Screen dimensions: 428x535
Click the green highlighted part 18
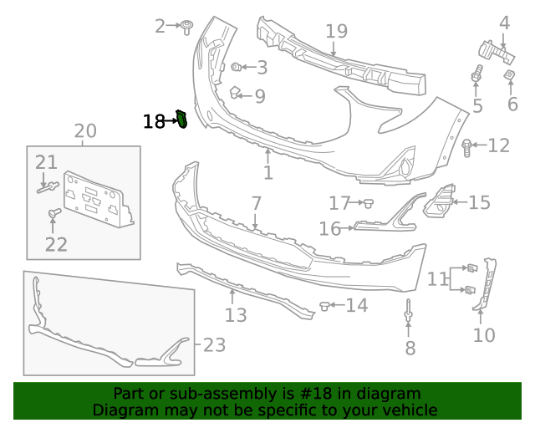coord(181,120)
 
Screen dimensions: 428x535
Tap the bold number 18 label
coord(154,122)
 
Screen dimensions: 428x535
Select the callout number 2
coord(160,27)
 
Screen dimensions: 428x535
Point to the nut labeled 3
coord(237,65)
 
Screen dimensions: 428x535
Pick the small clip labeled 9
coord(236,93)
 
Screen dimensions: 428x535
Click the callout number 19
coord(336,32)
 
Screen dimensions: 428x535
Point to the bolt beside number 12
coord(467,147)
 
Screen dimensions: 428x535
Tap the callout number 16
coord(329,228)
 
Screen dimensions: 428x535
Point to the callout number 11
coord(437,279)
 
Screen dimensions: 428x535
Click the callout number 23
coord(215,344)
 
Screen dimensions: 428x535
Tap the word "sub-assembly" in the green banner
coord(206,394)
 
